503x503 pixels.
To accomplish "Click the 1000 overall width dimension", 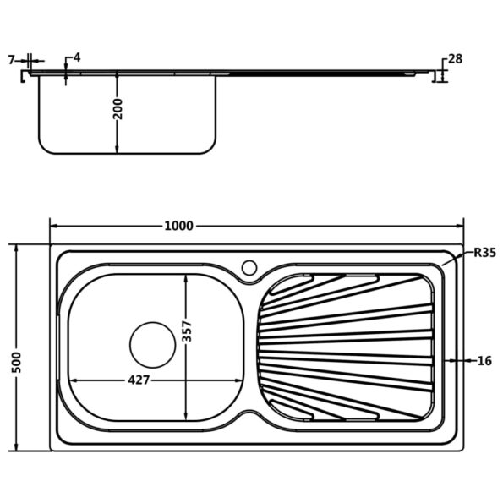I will point(178,226).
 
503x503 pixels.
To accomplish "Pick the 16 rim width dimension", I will point(484,361).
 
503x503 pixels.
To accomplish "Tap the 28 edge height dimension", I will point(456,58).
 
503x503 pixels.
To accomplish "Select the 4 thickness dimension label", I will point(76,58).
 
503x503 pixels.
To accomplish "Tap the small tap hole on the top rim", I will point(249,268).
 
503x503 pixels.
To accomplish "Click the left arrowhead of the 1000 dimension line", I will point(53,226).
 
